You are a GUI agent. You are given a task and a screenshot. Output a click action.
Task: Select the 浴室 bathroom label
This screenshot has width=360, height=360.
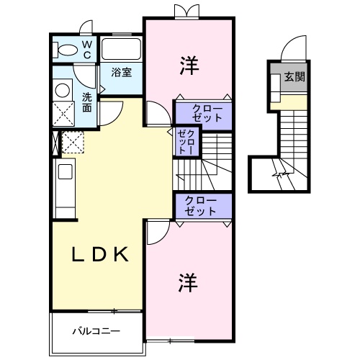coord(120,73)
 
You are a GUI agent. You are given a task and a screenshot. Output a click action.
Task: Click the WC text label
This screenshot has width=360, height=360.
coord(86,49)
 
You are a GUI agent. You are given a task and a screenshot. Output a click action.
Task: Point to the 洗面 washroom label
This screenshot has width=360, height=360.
coord(86,102)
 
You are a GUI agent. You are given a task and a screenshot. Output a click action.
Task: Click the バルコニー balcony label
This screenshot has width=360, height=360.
coord(96,332)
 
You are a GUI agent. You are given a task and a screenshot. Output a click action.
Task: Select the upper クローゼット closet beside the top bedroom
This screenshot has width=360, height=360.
coord(204,112)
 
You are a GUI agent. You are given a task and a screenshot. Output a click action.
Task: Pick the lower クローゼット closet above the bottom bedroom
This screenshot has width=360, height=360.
coord(204,207)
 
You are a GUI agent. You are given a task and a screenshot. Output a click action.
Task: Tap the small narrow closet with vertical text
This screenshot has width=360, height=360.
coord(186,140)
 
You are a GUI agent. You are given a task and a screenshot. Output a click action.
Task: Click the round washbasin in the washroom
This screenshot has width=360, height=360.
coord(62,90)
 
